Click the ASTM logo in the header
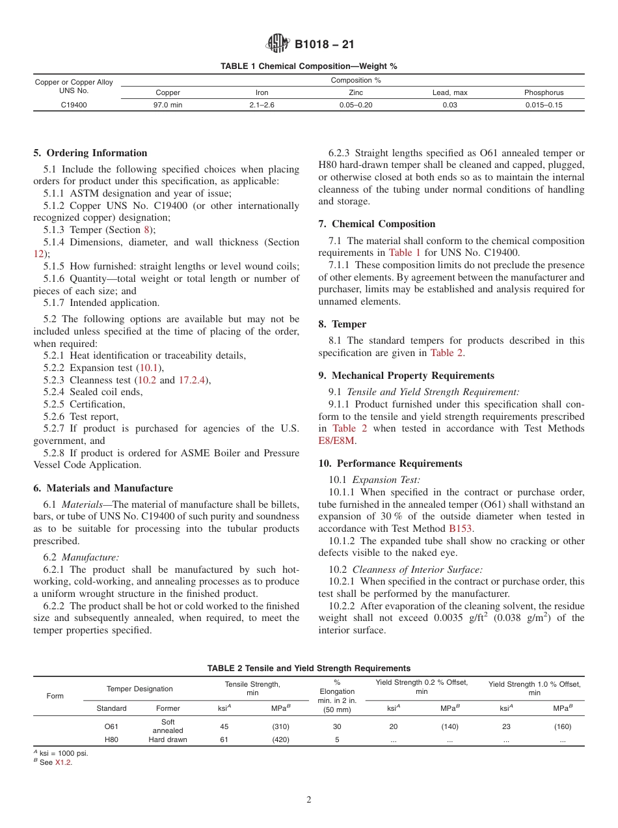278,44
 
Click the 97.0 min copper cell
168,104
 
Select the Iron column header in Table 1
262,92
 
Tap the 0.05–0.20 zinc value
356,104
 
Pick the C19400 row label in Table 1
74,104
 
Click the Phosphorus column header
544,92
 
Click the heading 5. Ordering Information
90,153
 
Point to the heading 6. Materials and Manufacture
103,488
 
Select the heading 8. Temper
342,324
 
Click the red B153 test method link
461,529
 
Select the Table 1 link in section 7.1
405,253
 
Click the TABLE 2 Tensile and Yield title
309,668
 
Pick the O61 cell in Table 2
111,726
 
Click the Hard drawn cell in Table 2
168,739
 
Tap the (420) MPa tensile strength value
280,739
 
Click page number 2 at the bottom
309,800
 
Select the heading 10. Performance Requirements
390,463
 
